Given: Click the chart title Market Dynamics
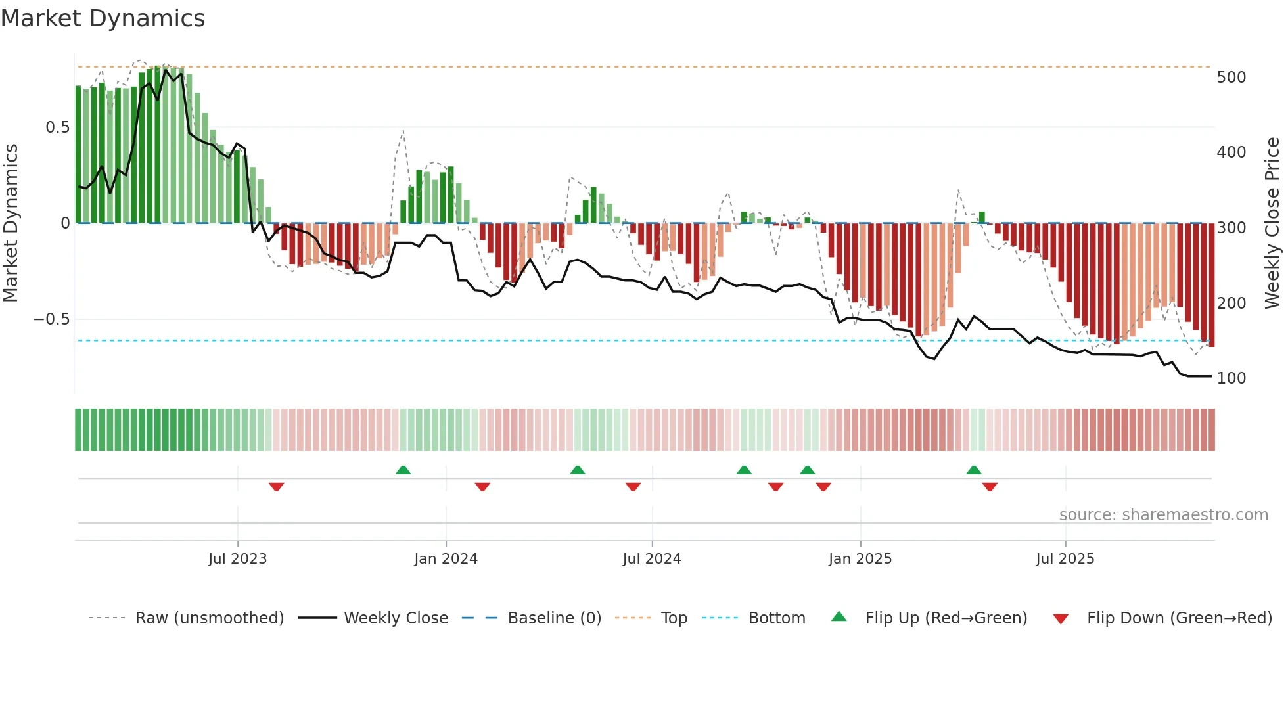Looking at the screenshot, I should pyautogui.click(x=103, y=18).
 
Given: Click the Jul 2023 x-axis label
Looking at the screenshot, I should pyautogui.click(x=237, y=559).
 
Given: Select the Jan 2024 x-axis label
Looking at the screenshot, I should pyautogui.click(x=446, y=559).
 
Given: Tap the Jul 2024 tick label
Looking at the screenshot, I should pyautogui.click(x=651, y=559).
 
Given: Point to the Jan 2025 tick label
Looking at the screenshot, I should pyautogui.click(x=860, y=559).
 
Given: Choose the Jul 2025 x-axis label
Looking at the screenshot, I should pyautogui.click(x=1065, y=559).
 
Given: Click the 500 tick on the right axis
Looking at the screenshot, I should pyautogui.click(x=1231, y=78).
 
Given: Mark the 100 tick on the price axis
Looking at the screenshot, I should pyautogui.click(x=1231, y=378).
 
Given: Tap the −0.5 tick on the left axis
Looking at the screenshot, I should pyautogui.click(x=51, y=319).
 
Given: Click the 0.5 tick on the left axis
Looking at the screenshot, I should pyautogui.click(x=57, y=127).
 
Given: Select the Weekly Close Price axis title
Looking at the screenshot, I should pyautogui.click(x=1272, y=223).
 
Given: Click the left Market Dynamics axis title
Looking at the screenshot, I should pyautogui.click(x=11, y=223).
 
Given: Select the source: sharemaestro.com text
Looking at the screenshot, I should pyautogui.click(x=1163, y=515).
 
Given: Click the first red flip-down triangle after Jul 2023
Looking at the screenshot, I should pyautogui.click(x=276, y=487).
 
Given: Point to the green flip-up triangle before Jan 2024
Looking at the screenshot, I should pyautogui.click(x=403, y=470).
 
